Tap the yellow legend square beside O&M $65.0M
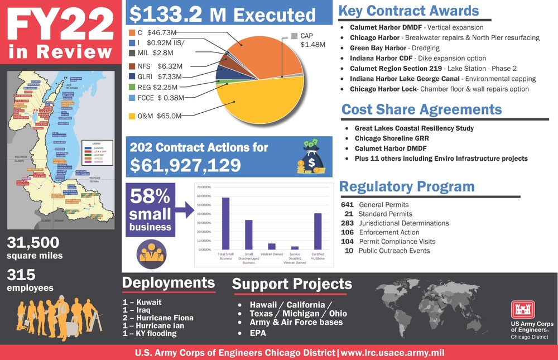click(131, 116)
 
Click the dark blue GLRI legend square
click(131, 76)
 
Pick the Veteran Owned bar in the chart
click(272, 246)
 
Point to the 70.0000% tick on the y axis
click(203, 188)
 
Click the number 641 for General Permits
click(347, 205)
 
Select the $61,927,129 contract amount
click(185, 165)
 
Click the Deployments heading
click(168, 282)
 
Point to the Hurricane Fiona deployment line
click(158, 318)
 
